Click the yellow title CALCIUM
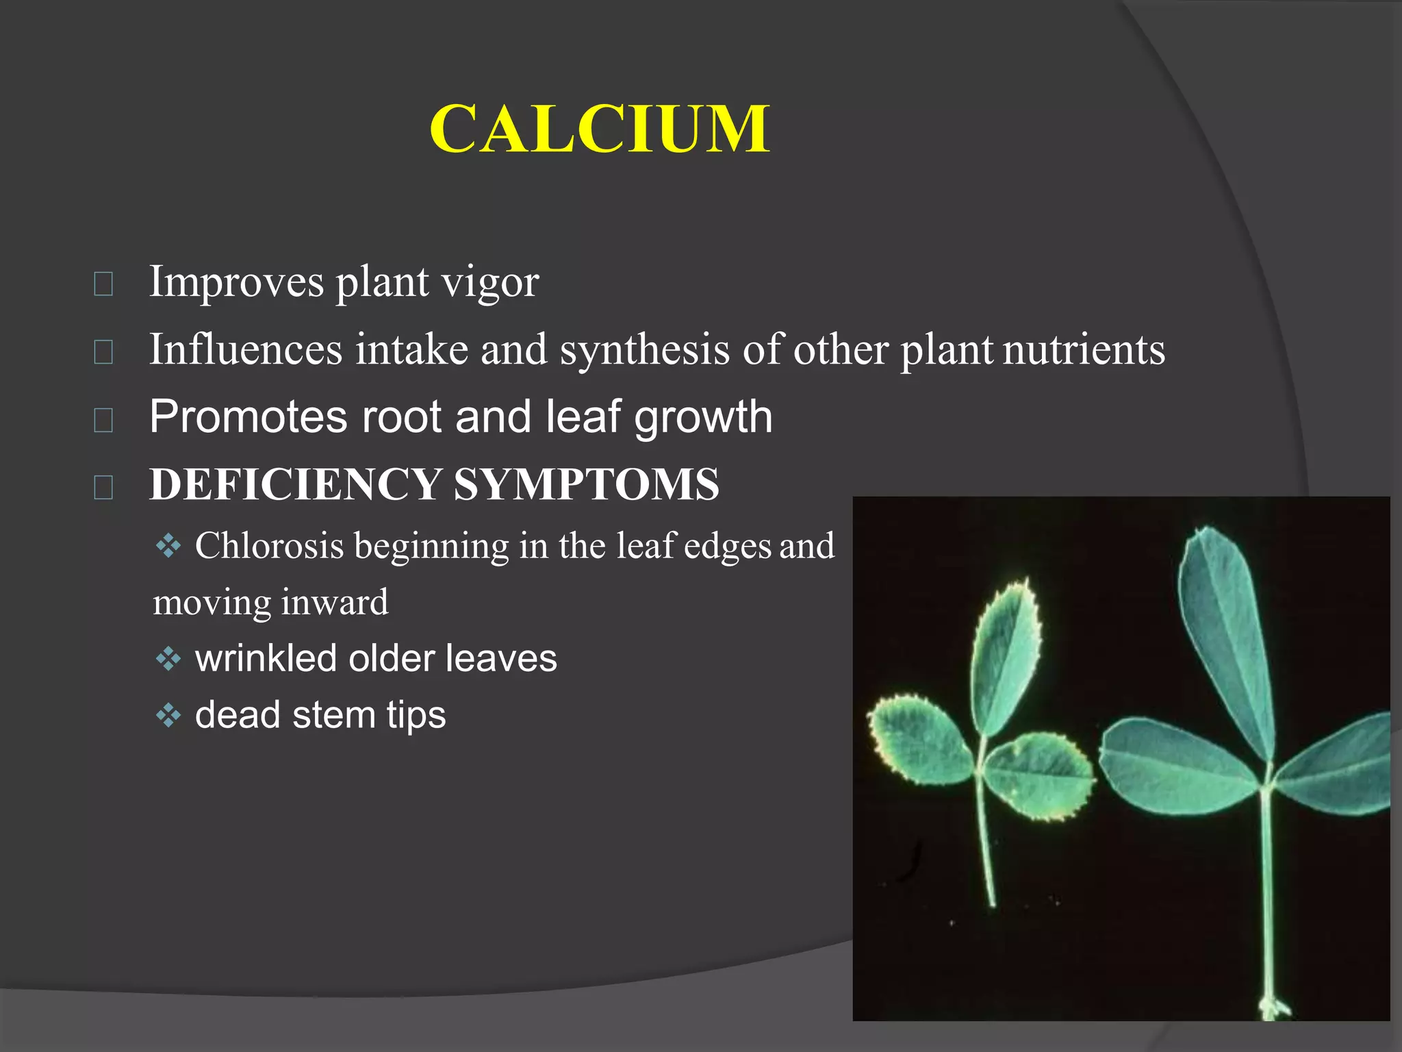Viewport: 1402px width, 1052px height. [x=600, y=129]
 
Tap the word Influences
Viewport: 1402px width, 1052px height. [x=246, y=349]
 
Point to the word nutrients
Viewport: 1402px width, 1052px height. [x=1084, y=349]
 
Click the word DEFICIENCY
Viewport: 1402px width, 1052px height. [x=295, y=484]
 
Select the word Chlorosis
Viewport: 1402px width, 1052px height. [x=269, y=546]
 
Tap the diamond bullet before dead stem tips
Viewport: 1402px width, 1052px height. [x=168, y=716]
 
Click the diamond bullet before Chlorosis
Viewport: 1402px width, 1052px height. [x=168, y=547]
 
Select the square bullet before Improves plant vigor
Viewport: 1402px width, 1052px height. [x=103, y=283]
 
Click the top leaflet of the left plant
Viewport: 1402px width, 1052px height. [x=1005, y=657]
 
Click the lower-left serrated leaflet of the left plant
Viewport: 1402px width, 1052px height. [x=917, y=740]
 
